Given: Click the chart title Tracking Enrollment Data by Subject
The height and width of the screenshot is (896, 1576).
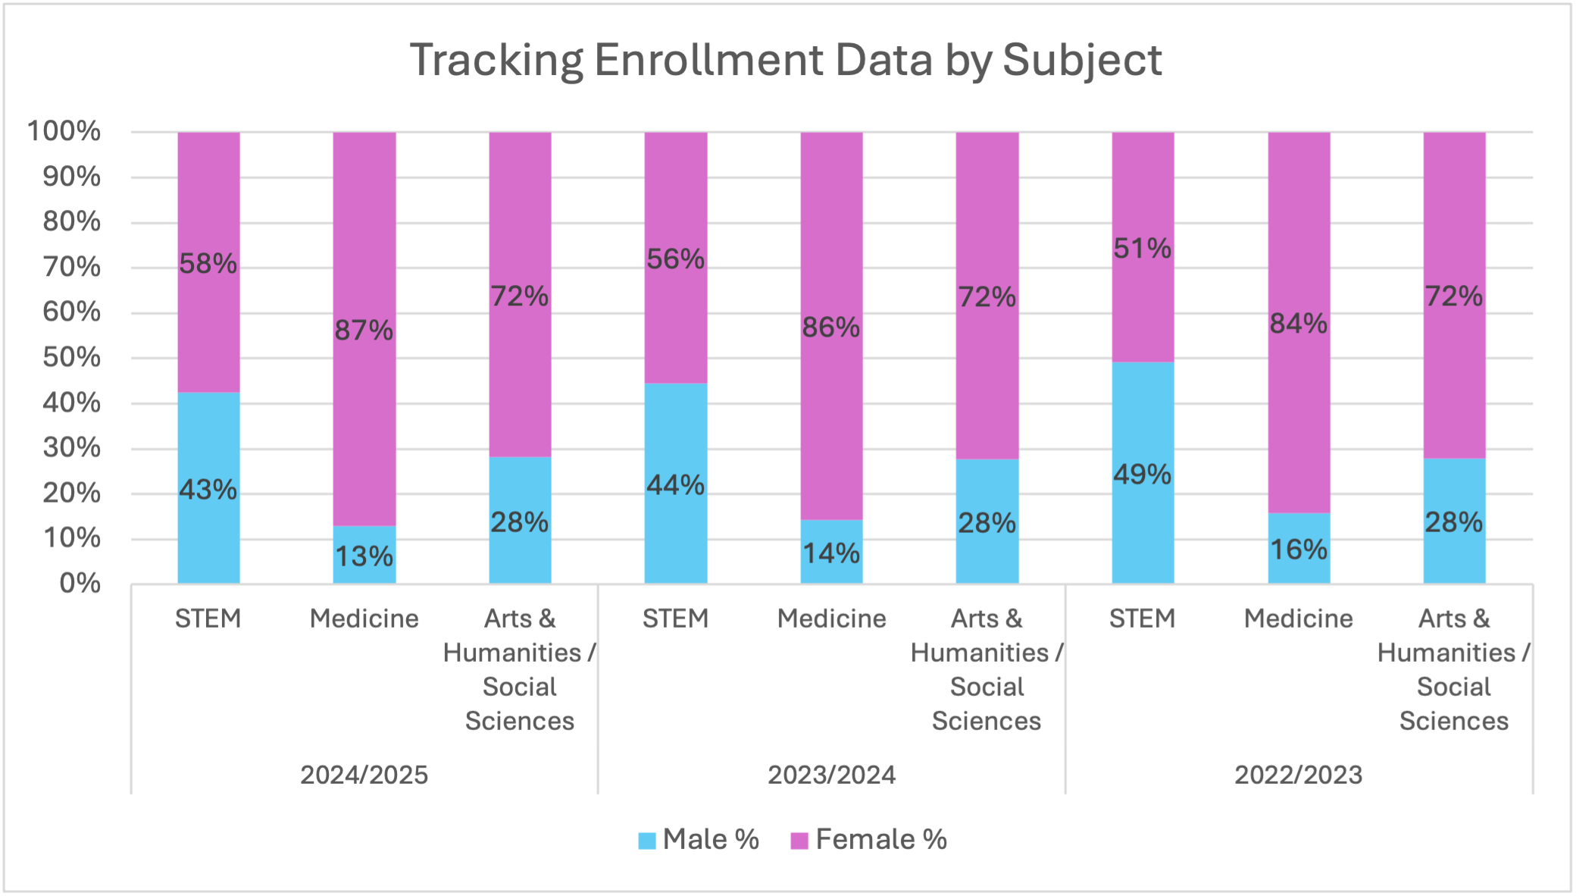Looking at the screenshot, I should (786, 60).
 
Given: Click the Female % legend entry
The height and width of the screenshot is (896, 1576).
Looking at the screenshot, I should (869, 840).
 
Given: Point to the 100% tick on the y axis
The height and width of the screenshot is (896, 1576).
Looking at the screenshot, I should (64, 131).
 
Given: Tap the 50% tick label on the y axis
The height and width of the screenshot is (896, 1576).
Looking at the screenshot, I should (72, 357).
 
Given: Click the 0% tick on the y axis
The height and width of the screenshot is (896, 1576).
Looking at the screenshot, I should (80, 583).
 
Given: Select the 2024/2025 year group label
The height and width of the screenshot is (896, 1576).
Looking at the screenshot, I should (364, 775).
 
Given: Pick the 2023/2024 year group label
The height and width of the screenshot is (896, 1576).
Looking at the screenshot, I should (831, 775).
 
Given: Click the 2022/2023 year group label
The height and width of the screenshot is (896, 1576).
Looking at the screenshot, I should (1298, 775).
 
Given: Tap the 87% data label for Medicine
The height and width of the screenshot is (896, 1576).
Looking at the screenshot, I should (364, 331).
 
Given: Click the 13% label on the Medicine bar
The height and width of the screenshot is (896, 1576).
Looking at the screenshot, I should (364, 556).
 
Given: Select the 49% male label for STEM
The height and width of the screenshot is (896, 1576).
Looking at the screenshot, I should (1142, 475).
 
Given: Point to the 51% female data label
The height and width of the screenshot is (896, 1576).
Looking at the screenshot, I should (1142, 248).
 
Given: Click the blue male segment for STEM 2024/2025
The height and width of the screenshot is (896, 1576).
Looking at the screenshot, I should (208, 440).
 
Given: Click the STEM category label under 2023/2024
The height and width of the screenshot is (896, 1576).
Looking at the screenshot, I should (675, 619).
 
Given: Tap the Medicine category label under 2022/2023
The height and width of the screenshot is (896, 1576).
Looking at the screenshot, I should (1298, 619).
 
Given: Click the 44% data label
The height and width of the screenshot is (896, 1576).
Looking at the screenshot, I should (675, 485).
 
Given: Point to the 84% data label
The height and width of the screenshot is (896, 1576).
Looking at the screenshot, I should (1298, 324).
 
